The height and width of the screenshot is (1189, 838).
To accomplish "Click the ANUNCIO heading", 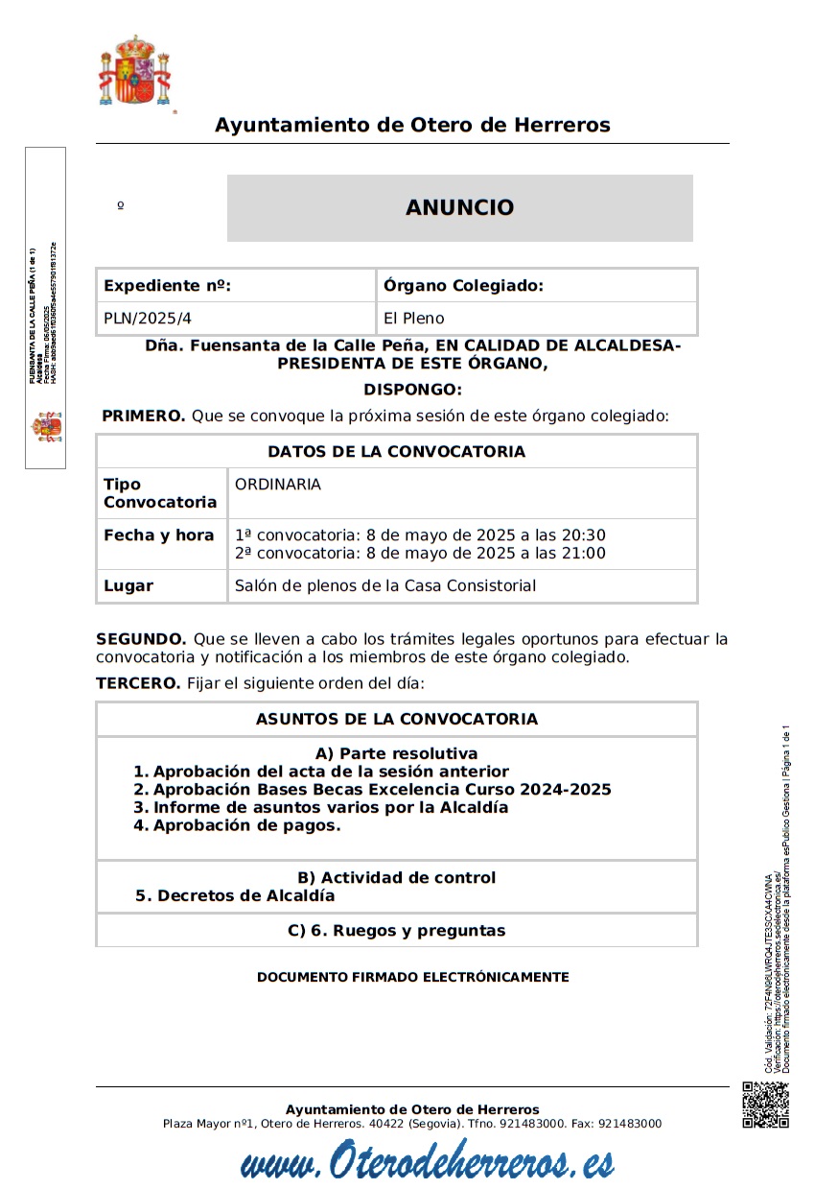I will click(x=459, y=207).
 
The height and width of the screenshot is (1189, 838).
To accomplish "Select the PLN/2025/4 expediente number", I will click(x=154, y=319).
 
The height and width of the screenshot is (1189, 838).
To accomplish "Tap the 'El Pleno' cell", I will click(x=413, y=319).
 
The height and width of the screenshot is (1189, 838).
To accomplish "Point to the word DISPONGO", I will click(x=412, y=390).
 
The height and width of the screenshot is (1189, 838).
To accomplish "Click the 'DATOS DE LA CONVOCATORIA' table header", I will click(x=396, y=452).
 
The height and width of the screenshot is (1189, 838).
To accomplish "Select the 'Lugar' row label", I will click(x=128, y=585).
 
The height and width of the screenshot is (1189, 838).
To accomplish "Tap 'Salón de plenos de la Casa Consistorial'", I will click(x=385, y=585).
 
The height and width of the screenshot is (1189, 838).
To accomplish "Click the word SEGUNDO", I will click(x=141, y=639).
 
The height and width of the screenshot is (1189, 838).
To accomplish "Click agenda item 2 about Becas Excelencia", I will click(x=372, y=790).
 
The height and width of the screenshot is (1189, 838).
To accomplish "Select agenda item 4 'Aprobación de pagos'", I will click(x=237, y=825).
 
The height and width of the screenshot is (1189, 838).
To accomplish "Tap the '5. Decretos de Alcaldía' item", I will click(x=235, y=895).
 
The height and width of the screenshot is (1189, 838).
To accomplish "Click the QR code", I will click(x=765, y=1105).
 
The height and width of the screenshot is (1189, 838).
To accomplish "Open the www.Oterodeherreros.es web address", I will click(x=427, y=1163).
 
